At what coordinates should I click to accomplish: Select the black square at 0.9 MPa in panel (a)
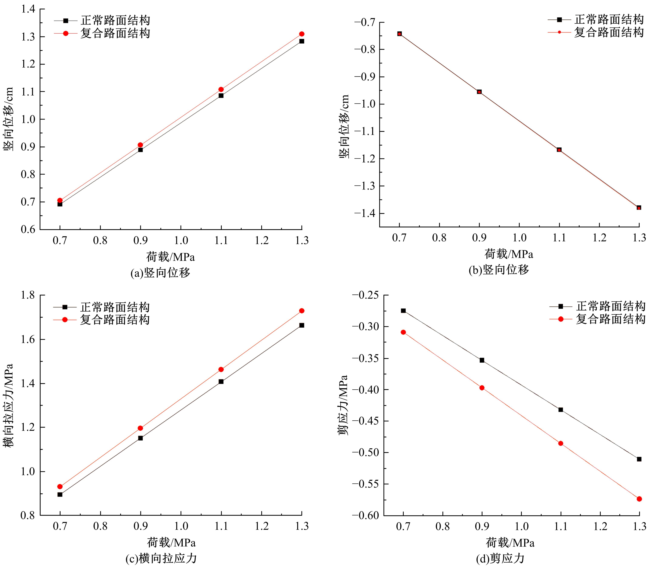coord(140,150)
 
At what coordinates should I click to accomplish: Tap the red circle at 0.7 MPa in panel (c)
coord(60,487)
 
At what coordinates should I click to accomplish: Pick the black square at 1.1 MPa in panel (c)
coord(221,382)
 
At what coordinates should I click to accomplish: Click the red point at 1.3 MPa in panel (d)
coord(639,499)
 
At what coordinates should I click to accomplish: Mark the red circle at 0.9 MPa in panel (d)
coord(482,388)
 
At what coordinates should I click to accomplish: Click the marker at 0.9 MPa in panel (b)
coord(479,92)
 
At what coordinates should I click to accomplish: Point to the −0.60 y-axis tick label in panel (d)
coord(366,515)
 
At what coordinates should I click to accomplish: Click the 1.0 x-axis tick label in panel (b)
coord(519,238)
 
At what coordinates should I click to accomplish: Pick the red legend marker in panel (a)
coord(66,33)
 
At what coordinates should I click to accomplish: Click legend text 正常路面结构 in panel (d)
coord(611,306)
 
